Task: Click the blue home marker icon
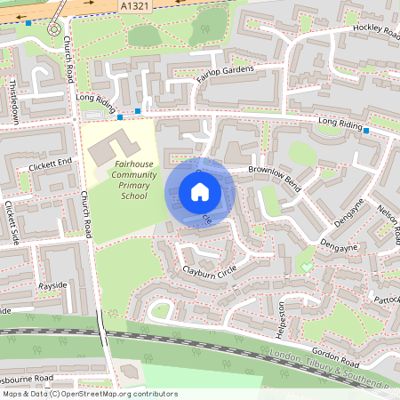coord(200,191)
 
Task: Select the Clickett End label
coord(50,163)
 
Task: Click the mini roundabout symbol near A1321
coord(54,28)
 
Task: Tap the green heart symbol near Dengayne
coord(307,267)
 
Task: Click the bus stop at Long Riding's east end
coord(365,131)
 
